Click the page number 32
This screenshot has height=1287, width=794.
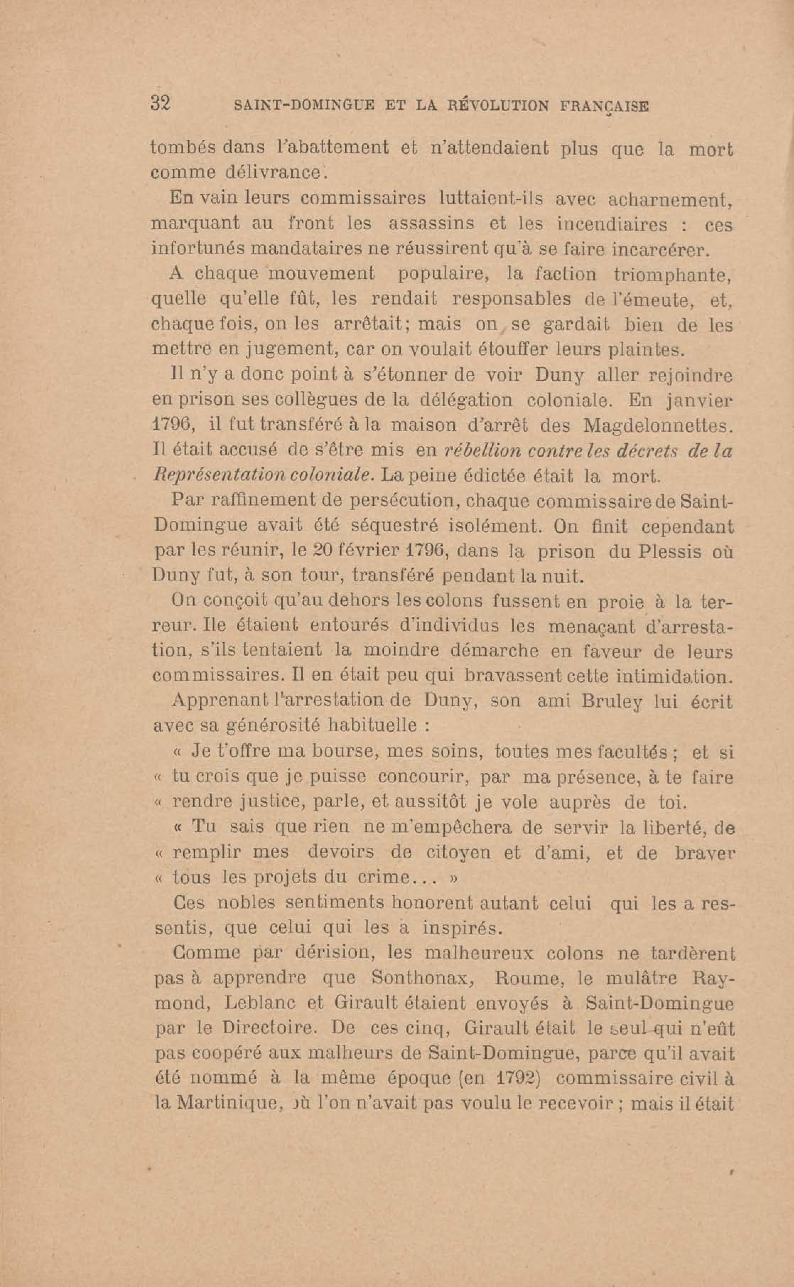tap(160, 103)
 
